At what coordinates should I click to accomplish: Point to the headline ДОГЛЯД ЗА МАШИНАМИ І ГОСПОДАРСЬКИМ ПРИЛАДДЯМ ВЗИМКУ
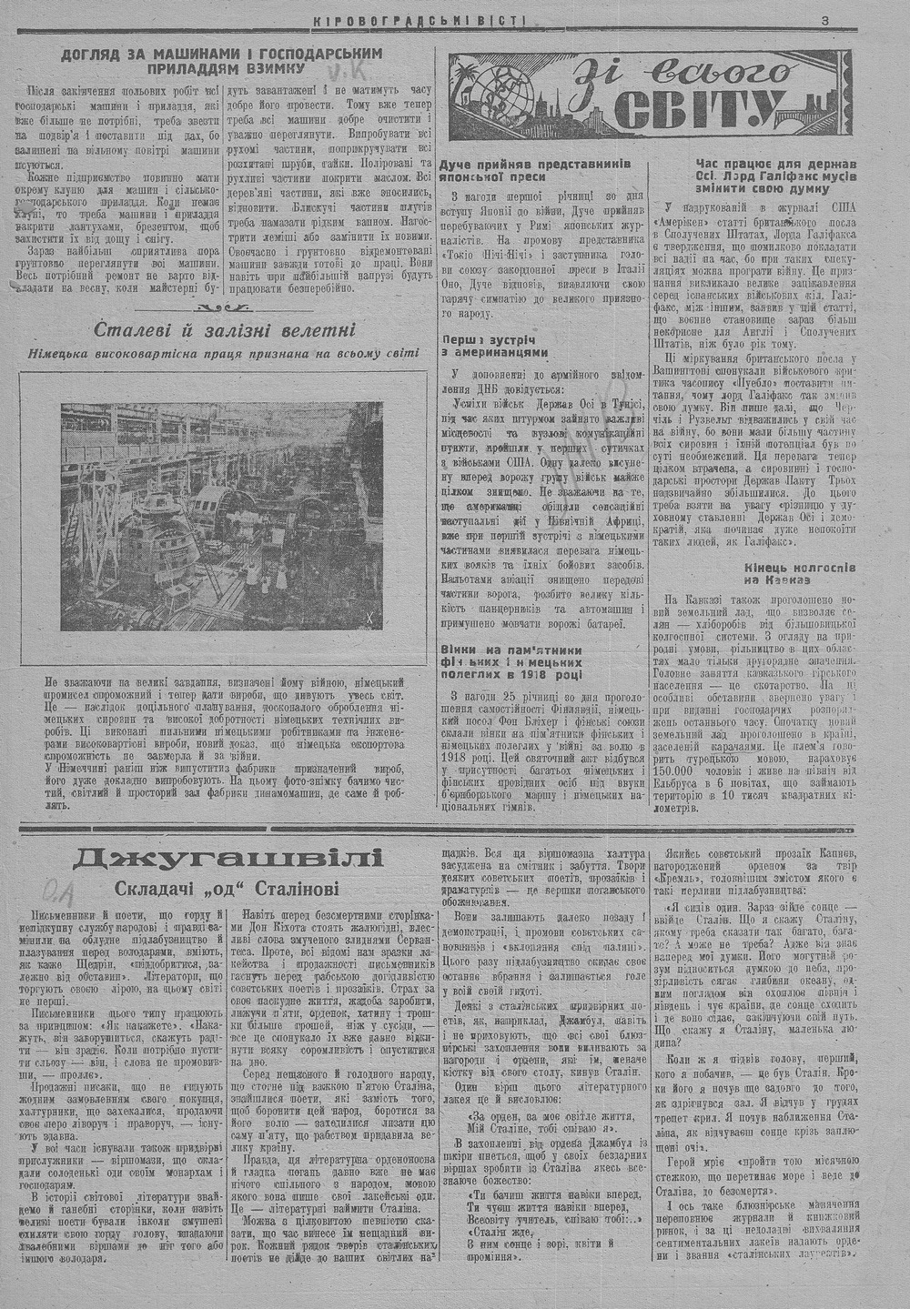pos(220,62)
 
